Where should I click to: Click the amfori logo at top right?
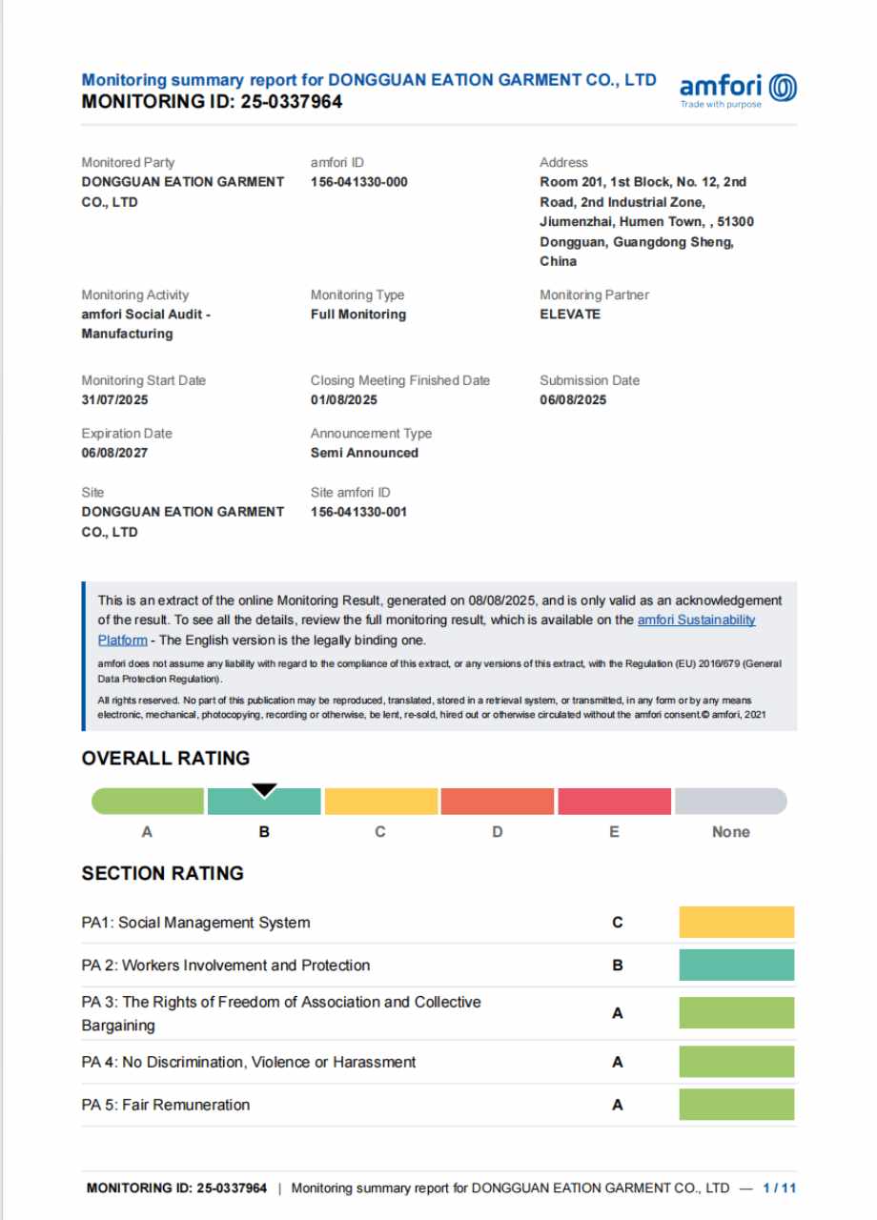pyautogui.click(x=738, y=90)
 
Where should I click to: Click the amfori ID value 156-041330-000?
pyautogui.click(x=358, y=181)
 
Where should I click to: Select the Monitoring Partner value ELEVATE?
pyautogui.click(x=570, y=314)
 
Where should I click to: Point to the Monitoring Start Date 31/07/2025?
pyautogui.click(x=115, y=399)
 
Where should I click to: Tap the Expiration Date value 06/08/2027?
pyautogui.click(x=114, y=453)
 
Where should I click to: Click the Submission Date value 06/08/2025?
pyautogui.click(x=573, y=399)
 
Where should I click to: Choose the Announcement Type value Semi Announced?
pyautogui.click(x=364, y=453)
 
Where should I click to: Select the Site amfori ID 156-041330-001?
pyautogui.click(x=358, y=512)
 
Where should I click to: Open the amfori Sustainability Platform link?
pyautogui.click(x=696, y=620)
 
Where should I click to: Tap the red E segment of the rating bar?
pyautogui.click(x=614, y=802)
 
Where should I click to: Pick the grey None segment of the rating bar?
pyautogui.click(x=730, y=802)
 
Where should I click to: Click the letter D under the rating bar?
pyautogui.click(x=498, y=832)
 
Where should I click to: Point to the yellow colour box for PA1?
pyautogui.click(x=736, y=923)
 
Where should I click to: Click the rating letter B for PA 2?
pyautogui.click(x=618, y=966)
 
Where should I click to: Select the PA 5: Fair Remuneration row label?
pyautogui.click(x=166, y=1105)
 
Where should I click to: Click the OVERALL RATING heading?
pyautogui.click(x=166, y=759)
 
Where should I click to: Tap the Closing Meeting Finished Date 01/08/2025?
pyautogui.click(x=344, y=399)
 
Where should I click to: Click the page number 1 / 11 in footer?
pyautogui.click(x=780, y=1188)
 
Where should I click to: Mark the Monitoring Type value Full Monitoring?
pyautogui.click(x=358, y=314)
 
